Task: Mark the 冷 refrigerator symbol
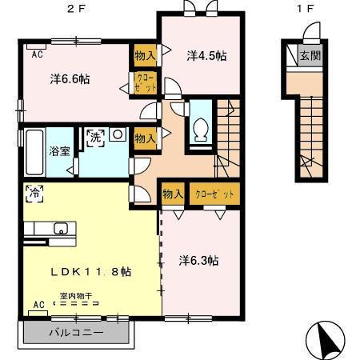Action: (34, 192)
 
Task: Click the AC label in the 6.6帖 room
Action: (37, 54)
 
